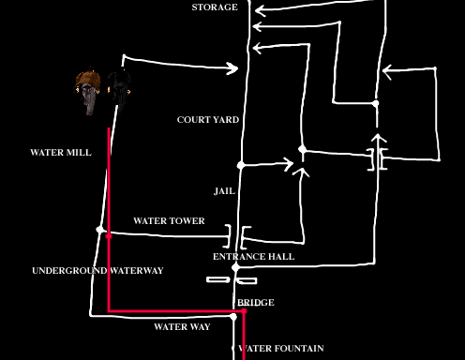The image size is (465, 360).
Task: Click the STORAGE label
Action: [215, 7]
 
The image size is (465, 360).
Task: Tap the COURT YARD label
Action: [208, 120]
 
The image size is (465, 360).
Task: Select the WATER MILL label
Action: [61, 152]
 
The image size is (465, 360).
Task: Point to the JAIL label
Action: [224, 191]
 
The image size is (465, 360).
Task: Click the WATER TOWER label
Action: [169, 221]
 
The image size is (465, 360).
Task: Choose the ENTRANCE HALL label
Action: [253, 256]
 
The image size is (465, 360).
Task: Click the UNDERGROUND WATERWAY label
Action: [97, 271]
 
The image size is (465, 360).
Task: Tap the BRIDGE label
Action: [255, 303]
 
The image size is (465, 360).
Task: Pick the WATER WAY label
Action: [182, 327]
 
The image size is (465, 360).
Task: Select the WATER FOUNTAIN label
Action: [282, 349]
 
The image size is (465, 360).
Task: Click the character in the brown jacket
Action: [88, 93]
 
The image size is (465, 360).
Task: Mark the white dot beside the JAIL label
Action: [241, 165]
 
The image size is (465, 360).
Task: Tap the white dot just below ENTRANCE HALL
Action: [236, 268]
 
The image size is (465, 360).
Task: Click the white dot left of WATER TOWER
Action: [100, 229]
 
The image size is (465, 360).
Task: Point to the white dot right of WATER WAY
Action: [233, 318]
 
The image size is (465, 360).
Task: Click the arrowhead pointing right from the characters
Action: [232, 67]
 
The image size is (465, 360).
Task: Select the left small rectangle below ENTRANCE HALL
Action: [217, 279]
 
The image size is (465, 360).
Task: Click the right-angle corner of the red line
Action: [111, 309]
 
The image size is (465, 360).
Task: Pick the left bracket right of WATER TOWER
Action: [229, 232]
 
